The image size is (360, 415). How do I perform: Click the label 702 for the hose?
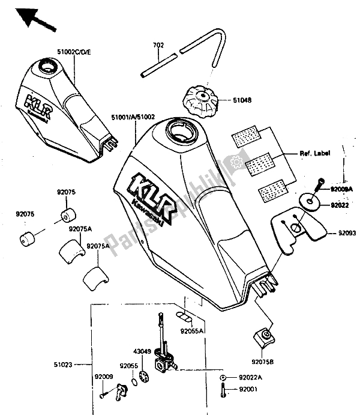point(158,44)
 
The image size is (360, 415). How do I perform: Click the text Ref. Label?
point(315,153)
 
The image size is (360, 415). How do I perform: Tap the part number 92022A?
point(251,377)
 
